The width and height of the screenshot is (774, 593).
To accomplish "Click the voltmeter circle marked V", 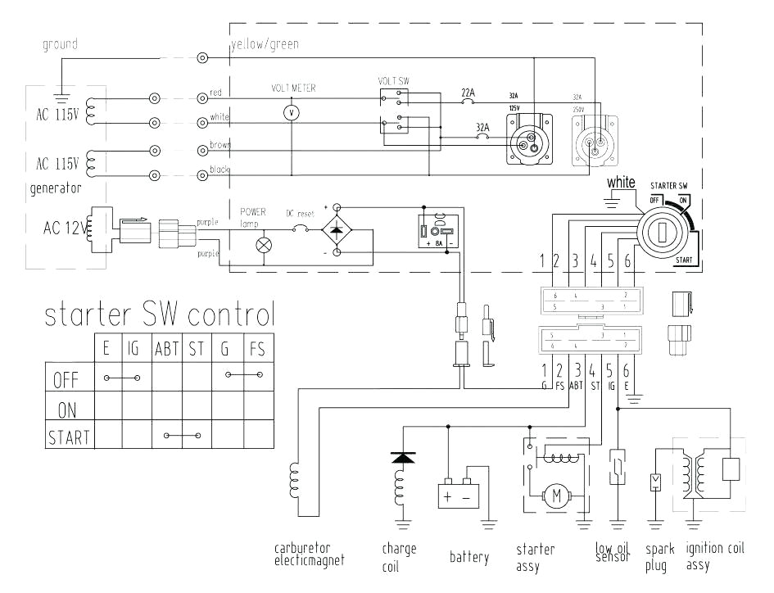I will coord(288,114).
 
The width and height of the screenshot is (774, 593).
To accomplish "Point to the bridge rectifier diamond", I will coord(336,231).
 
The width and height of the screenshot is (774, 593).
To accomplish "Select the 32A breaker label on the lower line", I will coord(483,127).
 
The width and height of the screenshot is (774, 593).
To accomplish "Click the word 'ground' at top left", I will coord(60,44).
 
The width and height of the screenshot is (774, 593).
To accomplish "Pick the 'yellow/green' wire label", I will coord(265,44).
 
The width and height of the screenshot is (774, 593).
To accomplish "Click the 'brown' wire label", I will coord(220,144).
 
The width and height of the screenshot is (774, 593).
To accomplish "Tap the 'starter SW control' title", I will coord(160,315).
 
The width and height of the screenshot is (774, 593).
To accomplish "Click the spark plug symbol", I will coord(654,482).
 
